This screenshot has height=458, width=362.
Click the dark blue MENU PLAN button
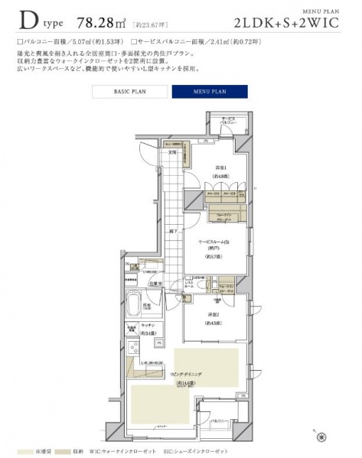click(x=209, y=92)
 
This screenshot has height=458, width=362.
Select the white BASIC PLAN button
click(x=130, y=92)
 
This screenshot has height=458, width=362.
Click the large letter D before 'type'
click(x=29, y=19)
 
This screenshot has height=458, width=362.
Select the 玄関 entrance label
click(x=173, y=151)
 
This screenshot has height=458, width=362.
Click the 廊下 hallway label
click(x=174, y=230)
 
